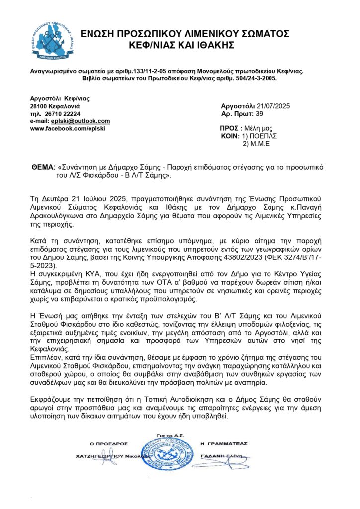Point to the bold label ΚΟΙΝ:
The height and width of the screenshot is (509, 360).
tap(229, 136)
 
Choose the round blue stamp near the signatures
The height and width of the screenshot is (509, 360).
tap(168, 456)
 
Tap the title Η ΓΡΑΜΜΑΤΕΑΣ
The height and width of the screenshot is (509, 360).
tap(223, 443)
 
